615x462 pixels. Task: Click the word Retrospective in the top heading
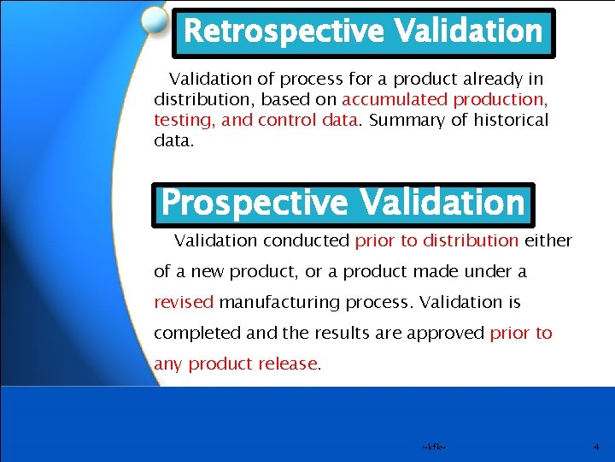point(284,32)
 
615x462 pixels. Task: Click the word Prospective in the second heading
point(255,204)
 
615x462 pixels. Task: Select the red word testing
point(183,120)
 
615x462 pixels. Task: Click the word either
point(548,241)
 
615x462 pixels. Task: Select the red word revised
point(184,303)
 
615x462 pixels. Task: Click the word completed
point(192,334)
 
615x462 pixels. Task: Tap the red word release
point(290,364)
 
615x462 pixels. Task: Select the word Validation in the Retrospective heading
point(468,32)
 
